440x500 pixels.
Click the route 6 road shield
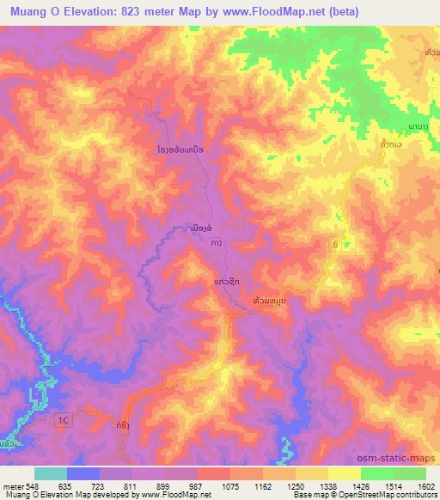coord(335,245)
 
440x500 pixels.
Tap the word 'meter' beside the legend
coord(15,485)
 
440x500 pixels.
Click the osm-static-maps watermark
coord(398,457)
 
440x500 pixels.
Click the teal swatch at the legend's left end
coord(51,473)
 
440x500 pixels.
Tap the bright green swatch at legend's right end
coord(409,473)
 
